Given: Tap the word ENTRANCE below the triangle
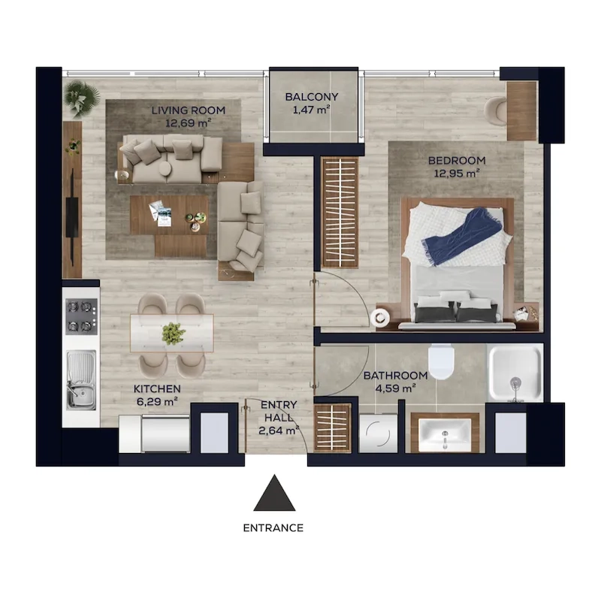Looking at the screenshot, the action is (x=273, y=528).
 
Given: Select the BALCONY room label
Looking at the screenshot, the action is (x=312, y=97).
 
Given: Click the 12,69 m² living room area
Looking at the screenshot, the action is (x=189, y=123).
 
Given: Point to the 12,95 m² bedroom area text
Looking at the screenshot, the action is (x=457, y=174).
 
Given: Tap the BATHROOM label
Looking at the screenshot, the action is (x=395, y=376).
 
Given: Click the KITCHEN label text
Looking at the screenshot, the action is (x=157, y=388).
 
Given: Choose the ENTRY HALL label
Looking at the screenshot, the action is (x=279, y=411).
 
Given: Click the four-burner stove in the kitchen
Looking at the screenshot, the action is (x=81, y=316).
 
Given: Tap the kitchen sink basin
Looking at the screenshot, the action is (x=81, y=379).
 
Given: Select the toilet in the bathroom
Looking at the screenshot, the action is (x=441, y=361).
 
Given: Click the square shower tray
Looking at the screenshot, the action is (x=515, y=373).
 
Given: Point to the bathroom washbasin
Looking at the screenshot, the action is (x=445, y=435).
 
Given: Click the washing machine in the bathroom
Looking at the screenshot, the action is (x=378, y=433).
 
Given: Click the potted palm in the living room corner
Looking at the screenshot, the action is (x=82, y=98).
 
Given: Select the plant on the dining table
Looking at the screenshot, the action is (x=174, y=333).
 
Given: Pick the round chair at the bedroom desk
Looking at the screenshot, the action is (x=496, y=111).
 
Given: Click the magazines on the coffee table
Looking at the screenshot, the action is (x=161, y=213).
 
